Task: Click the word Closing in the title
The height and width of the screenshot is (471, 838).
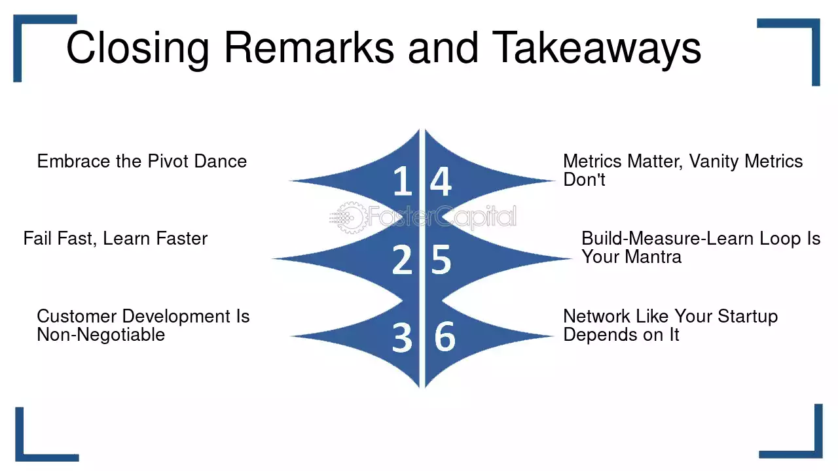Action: pyautogui.click(x=137, y=48)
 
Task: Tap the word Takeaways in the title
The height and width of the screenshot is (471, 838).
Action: pyautogui.click(x=596, y=48)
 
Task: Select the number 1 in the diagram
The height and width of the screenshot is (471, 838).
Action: pyautogui.click(x=403, y=181)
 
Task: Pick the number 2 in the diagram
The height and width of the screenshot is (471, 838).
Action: pyautogui.click(x=402, y=260)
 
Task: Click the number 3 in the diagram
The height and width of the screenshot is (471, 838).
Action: pyautogui.click(x=402, y=338)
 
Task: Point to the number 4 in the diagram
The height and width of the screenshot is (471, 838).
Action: pyautogui.click(x=441, y=181)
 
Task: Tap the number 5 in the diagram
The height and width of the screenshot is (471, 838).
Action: pyautogui.click(x=441, y=260)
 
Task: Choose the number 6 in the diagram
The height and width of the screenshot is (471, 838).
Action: pyautogui.click(x=445, y=337)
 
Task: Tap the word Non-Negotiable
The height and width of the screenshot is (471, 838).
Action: pyautogui.click(x=101, y=334)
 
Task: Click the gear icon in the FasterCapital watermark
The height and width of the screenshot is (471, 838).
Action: pyautogui.click(x=350, y=218)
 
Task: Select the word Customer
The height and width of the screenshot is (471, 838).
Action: pyautogui.click(x=77, y=317)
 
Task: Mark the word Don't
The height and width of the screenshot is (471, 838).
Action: pyautogui.click(x=585, y=180)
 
